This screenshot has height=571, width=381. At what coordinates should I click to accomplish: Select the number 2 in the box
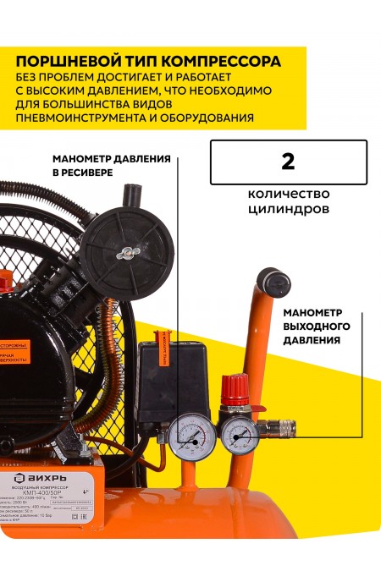click(x=288, y=162)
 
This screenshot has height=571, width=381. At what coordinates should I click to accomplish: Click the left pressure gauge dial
click(x=186, y=436)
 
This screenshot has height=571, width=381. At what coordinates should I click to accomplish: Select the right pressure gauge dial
click(x=240, y=436)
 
